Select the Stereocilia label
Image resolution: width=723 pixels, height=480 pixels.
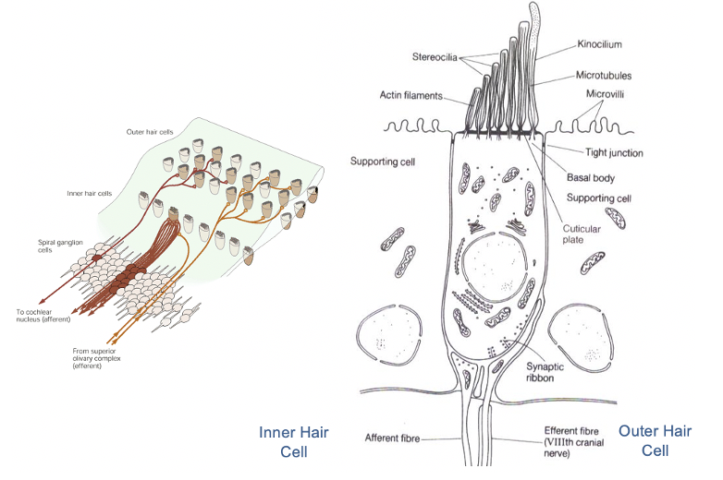tap(438, 57)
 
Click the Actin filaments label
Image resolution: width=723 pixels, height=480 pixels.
tap(411, 94)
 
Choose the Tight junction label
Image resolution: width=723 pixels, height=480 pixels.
tap(614, 152)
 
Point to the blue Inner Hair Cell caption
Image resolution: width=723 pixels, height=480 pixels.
tap(293, 441)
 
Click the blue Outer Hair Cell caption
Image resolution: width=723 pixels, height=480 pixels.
tap(656, 439)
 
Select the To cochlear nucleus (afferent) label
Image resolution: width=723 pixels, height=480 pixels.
tap(43, 315)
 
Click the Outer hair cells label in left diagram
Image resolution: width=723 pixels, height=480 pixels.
tap(149, 132)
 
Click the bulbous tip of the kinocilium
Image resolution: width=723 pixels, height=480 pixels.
tap(537, 14)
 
